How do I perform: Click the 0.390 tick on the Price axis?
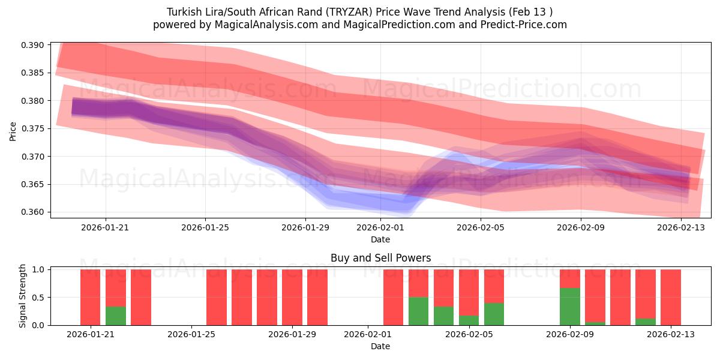(33, 45)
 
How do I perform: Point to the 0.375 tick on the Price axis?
(33, 128)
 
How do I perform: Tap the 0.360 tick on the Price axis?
(33, 212)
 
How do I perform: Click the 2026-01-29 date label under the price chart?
(305, 227)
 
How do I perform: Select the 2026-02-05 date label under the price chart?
(481, 227)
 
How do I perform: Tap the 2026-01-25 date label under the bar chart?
(191, 334)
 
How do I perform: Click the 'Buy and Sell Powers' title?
(380, 259)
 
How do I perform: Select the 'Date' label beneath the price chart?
(380, 239)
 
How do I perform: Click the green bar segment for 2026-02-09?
(569, 307)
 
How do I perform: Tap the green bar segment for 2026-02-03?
(418, 311)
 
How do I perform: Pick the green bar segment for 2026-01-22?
(116, 316)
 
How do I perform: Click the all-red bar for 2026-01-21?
(91, 297)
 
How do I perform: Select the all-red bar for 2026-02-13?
(670, 297)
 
